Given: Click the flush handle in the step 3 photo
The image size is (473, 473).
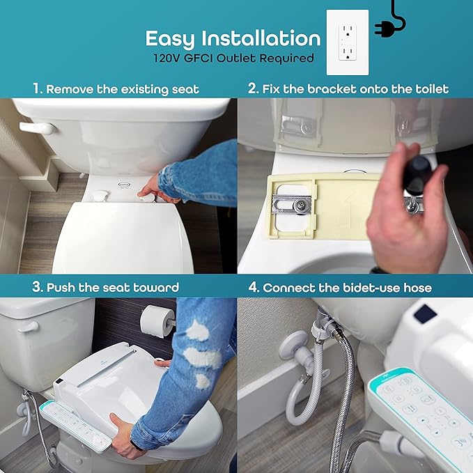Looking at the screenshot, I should pos(29,326).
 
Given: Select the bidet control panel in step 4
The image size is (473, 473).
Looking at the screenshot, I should pos(418,411).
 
